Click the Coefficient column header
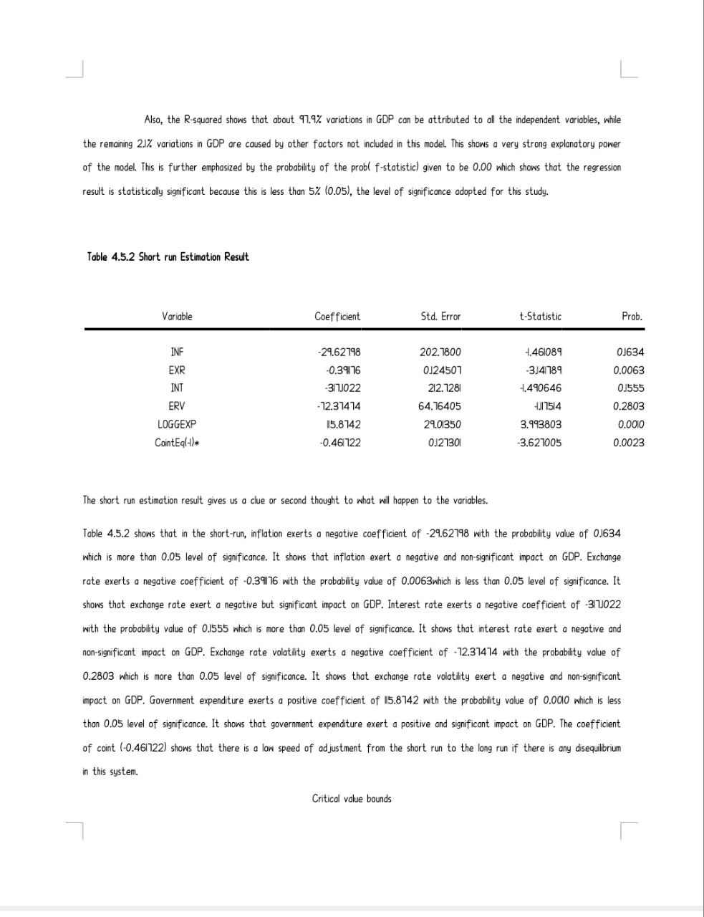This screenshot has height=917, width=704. tap(337, 316)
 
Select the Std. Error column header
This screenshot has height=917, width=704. tap(440, 316)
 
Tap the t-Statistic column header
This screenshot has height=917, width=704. tap(540, 316)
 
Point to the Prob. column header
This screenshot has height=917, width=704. tap(632, 316)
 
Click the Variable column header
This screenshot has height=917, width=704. tap(177, 316)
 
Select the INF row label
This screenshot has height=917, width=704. tap(177, 352)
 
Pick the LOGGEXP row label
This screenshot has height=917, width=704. tap(177, 424)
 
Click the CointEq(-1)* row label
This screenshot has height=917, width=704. tap(177, 442)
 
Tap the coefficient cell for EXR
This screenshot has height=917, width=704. tap(342, 370)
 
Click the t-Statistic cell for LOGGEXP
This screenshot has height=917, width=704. tap(541, 424)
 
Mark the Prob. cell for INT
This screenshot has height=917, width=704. tap(629, 388)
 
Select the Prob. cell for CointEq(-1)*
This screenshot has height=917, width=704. tap(629, 442)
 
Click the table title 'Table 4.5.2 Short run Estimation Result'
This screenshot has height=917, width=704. tap(168, 256)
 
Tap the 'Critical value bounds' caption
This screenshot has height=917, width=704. tap(352, 798)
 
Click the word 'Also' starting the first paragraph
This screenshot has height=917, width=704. tap(153, 120)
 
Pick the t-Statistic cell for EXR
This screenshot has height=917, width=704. tap(543, 370)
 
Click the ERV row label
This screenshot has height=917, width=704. tap(177, 406)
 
